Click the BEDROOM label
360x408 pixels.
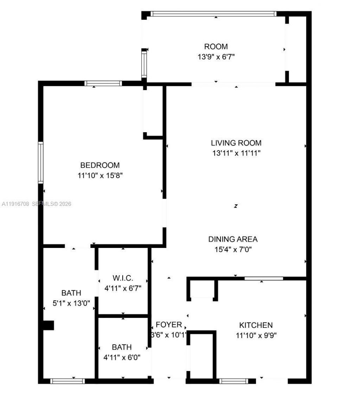click(100, 165)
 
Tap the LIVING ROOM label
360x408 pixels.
click(236, 143)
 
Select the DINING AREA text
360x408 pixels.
click(233, 239)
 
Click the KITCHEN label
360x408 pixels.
click(256, 325)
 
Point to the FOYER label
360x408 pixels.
click(169, 325)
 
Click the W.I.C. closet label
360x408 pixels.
click(123, 278)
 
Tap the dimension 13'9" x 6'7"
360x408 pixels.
click(216, 57)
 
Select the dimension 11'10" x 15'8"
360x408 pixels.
click(100, 175)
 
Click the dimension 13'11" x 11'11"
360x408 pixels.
click(236, 153)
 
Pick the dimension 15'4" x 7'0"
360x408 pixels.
click(233, 249)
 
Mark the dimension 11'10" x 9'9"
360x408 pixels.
click(256, 335)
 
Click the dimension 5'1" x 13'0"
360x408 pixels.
click(71, 303)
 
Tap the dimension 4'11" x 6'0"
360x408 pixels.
click(122, 357)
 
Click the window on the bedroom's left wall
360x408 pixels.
click(41, 162)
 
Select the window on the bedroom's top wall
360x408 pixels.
click(103, 83)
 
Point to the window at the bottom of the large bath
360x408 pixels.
click(68, 381)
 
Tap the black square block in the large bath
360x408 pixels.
click(48, 325)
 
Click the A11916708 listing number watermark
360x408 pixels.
click(15, 204)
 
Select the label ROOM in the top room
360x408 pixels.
click(216, 46)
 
